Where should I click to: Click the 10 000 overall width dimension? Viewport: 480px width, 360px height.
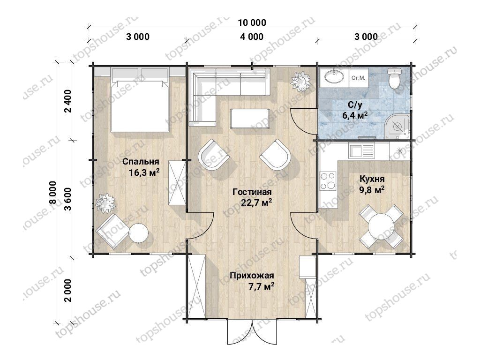[x=252, y=22]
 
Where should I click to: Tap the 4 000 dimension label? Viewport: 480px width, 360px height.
[x=252, y=37]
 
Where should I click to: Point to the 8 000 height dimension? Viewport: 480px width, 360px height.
[x=52, y=193]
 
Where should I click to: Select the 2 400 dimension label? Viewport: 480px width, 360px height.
[x=67, y=101]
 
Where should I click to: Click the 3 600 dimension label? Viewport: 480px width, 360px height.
[x=67, y=199]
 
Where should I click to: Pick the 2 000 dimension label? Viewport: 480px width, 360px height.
[x=67, y=290]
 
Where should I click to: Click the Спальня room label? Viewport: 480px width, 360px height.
[x=141, y=162]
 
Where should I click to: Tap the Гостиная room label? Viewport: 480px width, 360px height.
[x=252, y=192]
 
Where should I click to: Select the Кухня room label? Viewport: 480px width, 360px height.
[x=372, y=179]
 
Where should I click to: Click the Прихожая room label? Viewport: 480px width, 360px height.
[x=252, y=276]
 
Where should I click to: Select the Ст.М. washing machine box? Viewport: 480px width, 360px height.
[x=358, y=78]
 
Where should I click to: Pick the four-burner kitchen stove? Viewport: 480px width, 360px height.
[x=328, y=180]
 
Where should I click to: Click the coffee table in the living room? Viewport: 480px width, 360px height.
[x=250, y=119]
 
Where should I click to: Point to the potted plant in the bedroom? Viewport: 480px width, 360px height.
[x=105, y=203]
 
